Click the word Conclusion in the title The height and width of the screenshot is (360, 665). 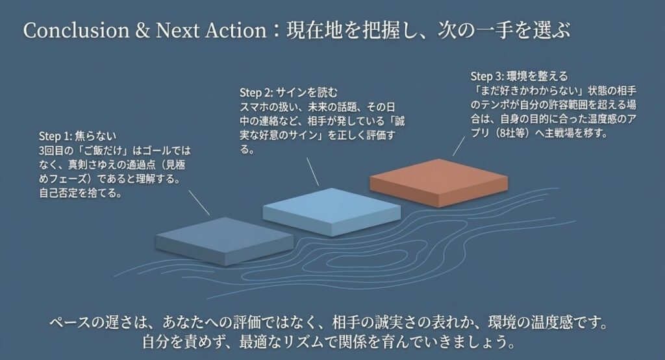pos(64,31)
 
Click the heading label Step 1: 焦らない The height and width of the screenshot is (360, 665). pos(77,137)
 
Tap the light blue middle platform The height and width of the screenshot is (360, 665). pos(331,209)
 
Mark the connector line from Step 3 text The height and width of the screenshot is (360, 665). pos(459,148)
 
